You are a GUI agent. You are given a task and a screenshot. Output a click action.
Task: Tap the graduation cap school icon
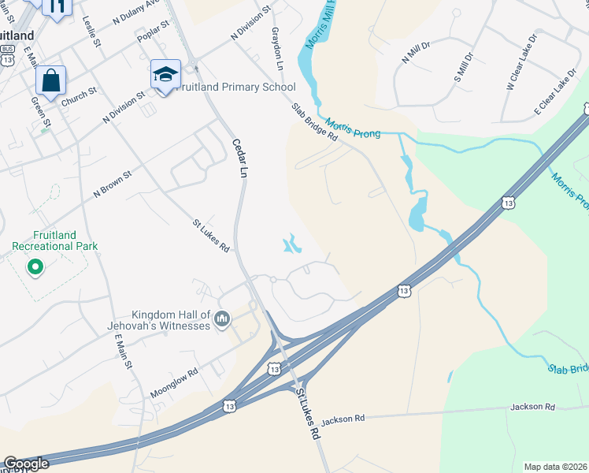[165, 75]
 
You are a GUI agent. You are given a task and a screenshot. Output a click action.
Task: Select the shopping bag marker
[50, 81]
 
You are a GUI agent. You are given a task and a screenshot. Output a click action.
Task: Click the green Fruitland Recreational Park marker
[35, 268]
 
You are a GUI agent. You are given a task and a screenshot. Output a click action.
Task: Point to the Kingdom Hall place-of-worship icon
[222, 318]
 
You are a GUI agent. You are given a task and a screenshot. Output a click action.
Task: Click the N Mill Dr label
[416, 52]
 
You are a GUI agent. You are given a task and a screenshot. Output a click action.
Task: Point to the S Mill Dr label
[463, 68]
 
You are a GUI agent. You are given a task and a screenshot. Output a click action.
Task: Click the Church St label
[78, 96]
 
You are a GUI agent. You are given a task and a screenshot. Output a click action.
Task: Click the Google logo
[26, 464]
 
